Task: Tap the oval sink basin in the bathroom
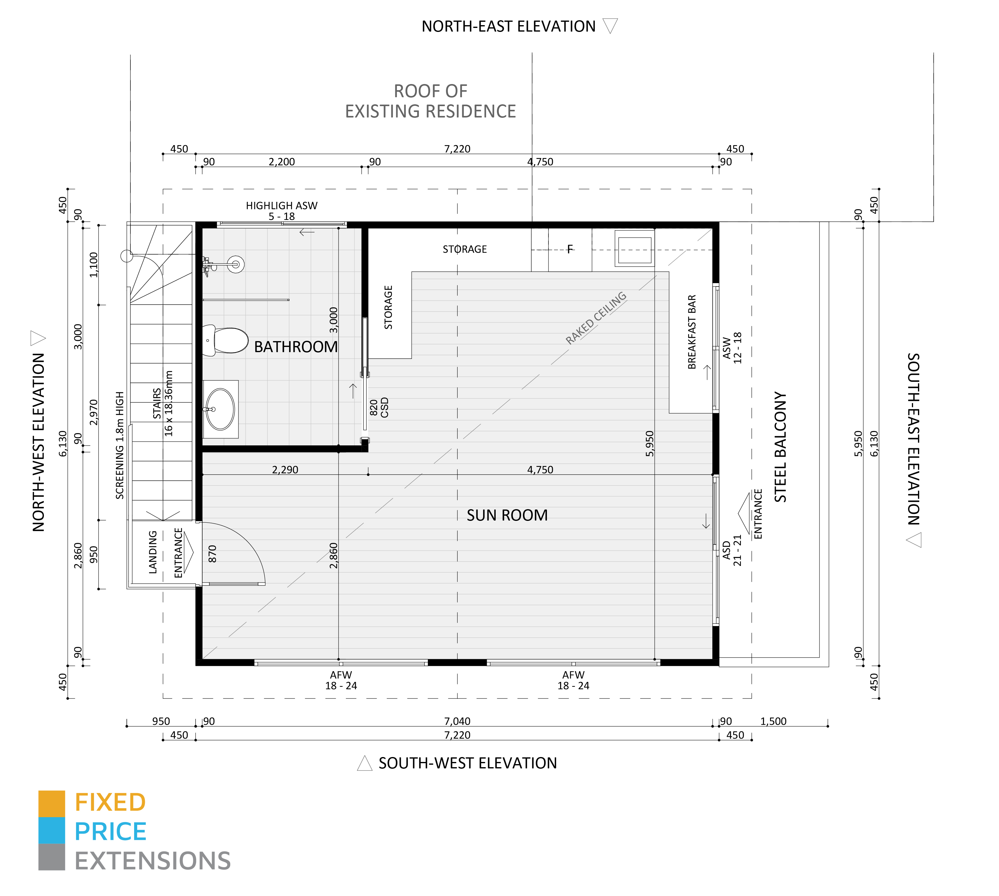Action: pos(220,409)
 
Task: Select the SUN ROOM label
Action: pos(507,515)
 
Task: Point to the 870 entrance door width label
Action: pos(212,554)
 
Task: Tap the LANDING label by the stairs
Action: pos(153,552)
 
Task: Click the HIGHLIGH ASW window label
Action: pos(282,211)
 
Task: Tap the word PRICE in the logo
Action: pos(110,832)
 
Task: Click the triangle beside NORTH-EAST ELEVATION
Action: pos(610,25)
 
